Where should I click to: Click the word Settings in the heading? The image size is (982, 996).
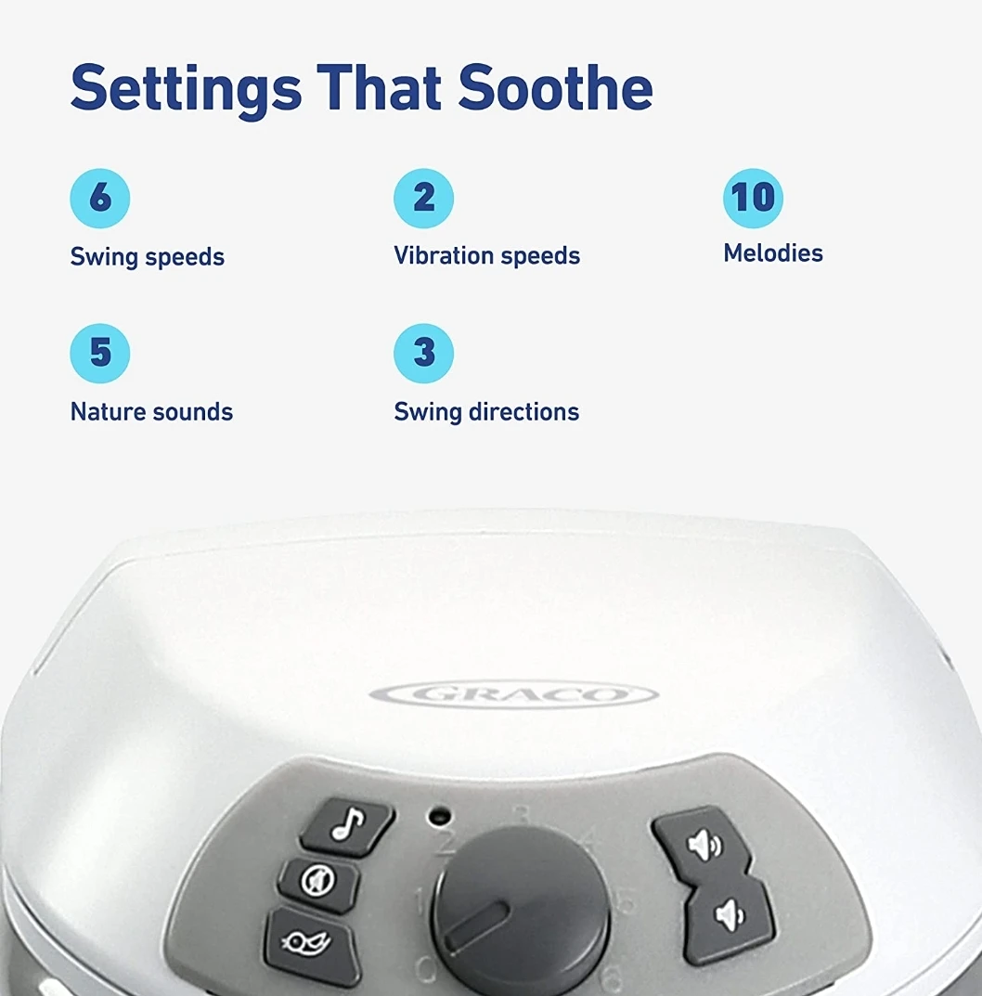(187, 89)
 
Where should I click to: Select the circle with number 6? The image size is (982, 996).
(99, 199)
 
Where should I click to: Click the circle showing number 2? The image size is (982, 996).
(423, 199)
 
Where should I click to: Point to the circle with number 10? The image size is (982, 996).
(753, 199)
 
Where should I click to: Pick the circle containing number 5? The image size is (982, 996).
(99, 353)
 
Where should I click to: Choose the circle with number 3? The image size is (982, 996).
(423, 353)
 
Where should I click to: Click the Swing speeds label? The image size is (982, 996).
(148, 257)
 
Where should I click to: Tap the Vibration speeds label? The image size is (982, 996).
(486, 256)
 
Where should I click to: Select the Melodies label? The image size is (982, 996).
(773, 252)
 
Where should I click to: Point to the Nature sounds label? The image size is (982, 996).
(151, 411)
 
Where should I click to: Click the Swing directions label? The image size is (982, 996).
(486, 411)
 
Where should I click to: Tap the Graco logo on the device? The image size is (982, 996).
(513, 693)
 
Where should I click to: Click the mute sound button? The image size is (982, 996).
(319, 882)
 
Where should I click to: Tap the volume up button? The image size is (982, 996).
(701, 843)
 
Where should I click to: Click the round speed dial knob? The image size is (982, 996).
(521, 912)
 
